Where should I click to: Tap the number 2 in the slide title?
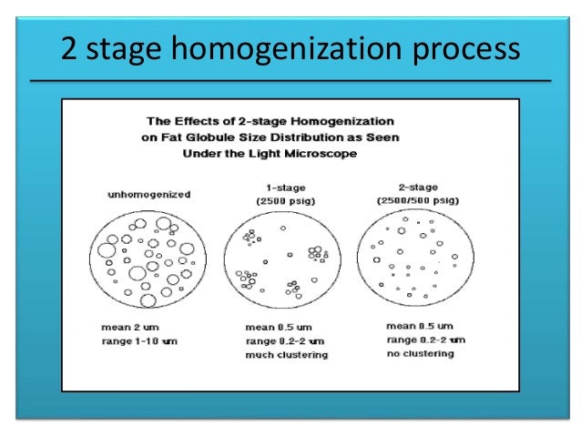tap(69, 47)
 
